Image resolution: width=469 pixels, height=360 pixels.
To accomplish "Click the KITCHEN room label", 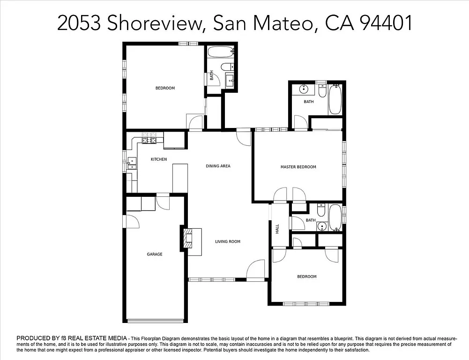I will [158, 159].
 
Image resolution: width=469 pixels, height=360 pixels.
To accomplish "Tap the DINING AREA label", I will [218, 166].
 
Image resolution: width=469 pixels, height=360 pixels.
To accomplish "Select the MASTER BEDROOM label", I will [298, 167].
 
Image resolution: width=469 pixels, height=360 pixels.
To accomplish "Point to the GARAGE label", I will [155, 254].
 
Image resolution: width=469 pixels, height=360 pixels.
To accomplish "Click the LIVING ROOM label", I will [228, 241].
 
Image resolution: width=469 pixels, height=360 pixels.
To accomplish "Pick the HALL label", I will [277, 229].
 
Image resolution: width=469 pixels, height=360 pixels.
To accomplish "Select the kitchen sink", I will [131, 164].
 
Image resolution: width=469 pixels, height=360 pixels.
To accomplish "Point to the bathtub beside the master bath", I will [335, 99].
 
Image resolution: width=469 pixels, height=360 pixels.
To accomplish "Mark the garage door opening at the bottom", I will [155, 321].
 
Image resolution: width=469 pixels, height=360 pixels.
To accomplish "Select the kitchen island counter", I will [180, 178].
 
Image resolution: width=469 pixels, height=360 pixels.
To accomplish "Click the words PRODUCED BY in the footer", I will [38, 338].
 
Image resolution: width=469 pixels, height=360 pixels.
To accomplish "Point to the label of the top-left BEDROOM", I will [165, 88].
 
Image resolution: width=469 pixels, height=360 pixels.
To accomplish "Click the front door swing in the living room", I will [256, 270].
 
